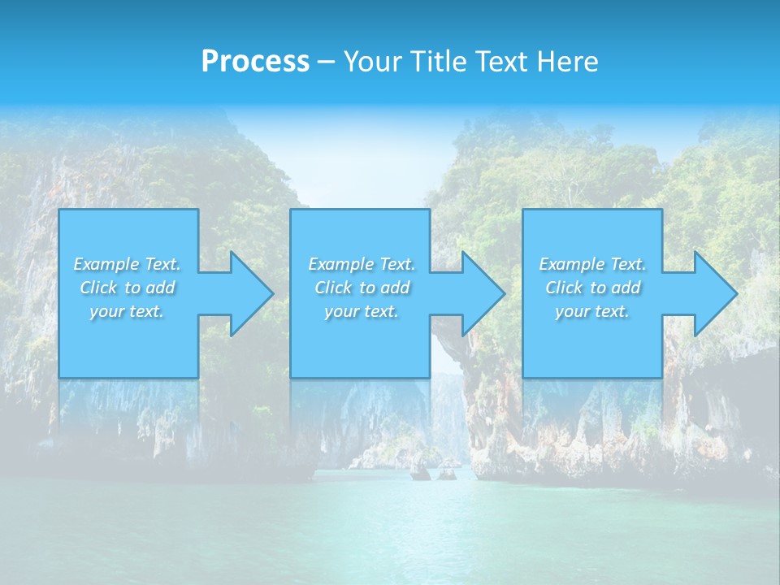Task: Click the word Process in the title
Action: (255, 61)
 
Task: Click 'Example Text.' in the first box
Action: (127, 264)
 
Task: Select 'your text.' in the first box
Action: (127, 311)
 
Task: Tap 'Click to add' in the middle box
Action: (362, 288)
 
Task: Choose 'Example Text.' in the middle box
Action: (362, 264)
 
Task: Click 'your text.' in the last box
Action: (592, 311)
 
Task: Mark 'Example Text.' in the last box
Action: (592, 264)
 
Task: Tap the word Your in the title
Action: (371, 61)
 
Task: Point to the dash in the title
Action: (327, 62)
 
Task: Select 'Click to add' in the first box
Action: (127, 288)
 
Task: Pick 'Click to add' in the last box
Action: (592, 288)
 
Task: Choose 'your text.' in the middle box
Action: (362, 311)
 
